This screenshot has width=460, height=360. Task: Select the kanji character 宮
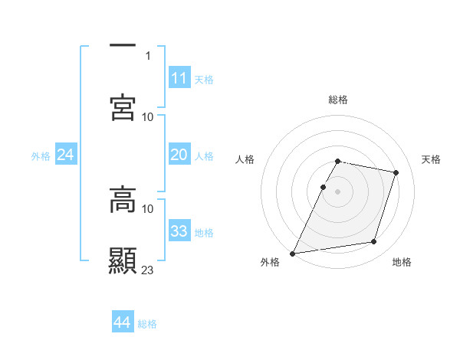[123, 107]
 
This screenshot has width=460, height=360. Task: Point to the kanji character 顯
[123, 261]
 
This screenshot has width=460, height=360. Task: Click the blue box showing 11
[179, 78]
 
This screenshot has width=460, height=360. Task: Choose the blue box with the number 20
[179, 155]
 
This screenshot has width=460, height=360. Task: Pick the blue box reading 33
[179, 231]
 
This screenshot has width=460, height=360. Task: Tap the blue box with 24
[65, 155]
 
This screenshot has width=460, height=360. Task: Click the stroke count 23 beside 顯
[148, 270]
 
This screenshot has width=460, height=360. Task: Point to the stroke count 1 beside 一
[148, 55]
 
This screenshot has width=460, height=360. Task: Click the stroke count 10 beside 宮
[148, 116]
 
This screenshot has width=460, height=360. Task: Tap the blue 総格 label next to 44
[147, 324]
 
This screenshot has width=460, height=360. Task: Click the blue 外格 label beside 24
[41, 156]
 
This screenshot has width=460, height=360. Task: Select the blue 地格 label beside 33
[204, 233]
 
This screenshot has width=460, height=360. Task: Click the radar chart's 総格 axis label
[338, 100]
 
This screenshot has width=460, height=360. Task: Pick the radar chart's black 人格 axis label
[245, 159]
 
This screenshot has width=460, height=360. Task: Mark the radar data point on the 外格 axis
[293, 254]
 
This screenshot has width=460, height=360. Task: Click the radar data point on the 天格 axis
[396, 173]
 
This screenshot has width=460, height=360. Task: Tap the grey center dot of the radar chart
[337, 191]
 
